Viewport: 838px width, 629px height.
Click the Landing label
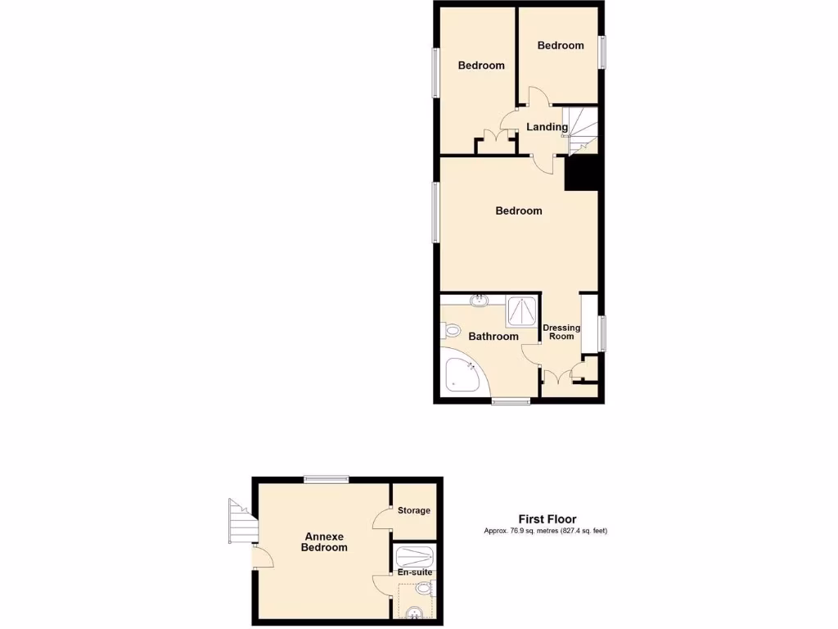point(547,127)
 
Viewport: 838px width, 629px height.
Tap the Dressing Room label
point(561,332)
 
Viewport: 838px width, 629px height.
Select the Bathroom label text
point(493,337)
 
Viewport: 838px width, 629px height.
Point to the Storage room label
point(414,510)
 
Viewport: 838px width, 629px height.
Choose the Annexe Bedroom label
point(324,542)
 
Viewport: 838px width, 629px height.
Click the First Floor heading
point(547,519)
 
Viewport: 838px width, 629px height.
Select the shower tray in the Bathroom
point(521,310)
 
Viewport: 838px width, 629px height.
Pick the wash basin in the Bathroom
point(480,301)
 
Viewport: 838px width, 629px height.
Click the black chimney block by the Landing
point(583,173)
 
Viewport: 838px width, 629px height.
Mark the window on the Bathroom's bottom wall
point(511,401)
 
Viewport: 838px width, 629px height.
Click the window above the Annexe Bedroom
point(326,479)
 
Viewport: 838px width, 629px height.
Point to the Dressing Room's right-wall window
point(602,333)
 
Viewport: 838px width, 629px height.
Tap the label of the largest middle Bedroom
point(519,210)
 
